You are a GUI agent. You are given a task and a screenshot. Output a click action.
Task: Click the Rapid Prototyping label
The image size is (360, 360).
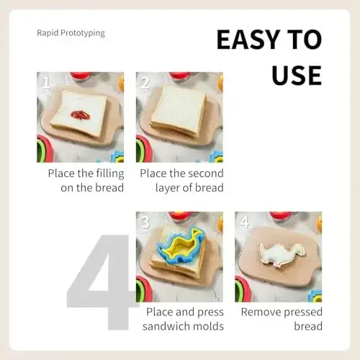tap(71, 33)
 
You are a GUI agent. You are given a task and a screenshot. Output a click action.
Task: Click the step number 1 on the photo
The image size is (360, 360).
tap(45, 84)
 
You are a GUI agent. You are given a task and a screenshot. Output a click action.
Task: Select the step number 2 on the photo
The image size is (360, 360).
tap(145, 84)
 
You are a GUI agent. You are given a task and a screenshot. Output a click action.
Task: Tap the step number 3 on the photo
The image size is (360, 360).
tap(145, 222)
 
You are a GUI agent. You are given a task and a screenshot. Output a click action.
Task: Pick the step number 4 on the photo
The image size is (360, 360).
tap(244, 222)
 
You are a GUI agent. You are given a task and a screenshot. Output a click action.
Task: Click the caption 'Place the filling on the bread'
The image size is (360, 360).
tap(86, 181)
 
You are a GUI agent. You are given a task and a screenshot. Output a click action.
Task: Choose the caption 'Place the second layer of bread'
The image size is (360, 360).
tap(181, 181)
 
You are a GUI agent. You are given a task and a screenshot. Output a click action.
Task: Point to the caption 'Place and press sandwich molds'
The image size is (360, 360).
tap(184, 319)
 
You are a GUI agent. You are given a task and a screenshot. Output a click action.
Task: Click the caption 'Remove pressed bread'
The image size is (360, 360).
tap(282, 319)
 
